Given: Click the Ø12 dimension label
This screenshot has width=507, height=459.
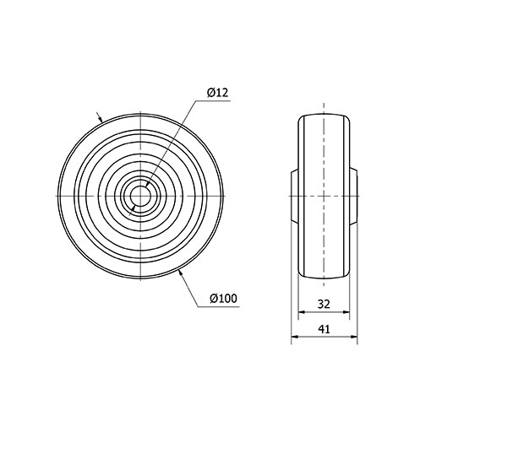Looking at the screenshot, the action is click(218, 93).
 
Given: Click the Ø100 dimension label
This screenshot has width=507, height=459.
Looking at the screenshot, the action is click(223, 298).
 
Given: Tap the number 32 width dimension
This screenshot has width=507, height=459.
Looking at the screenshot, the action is click(324, 304).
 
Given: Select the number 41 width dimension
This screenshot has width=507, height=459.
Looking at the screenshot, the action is click(324, 329).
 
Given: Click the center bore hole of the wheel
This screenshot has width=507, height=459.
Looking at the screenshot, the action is click(140, 197).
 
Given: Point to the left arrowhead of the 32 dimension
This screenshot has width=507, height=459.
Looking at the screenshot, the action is click(302, 312).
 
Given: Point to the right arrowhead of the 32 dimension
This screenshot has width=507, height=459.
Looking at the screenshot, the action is click(346, 312).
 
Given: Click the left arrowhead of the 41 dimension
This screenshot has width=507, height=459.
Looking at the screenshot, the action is click(295, 337).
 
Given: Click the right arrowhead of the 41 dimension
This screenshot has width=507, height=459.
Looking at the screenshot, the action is click(354, 337).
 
